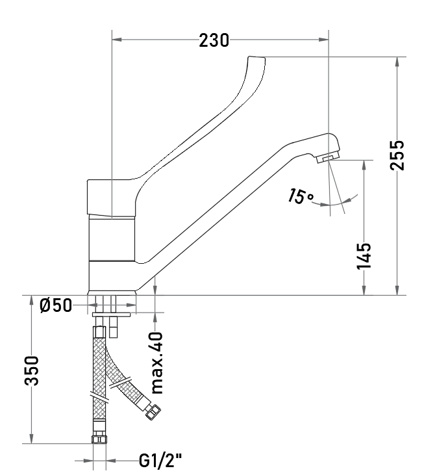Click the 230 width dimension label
(x=214, y=40)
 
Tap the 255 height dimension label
(x=397, y=155)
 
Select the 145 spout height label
(x=364, y=256)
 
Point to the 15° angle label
(x=300, y=196)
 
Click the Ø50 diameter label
(x=56, y=305)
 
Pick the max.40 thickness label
(x=156, y=363)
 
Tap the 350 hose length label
(x=32, y=371)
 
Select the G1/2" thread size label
(x=160, y=460)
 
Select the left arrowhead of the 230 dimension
(x=117, y=40)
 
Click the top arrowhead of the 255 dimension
(x=397, y=62)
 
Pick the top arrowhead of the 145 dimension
(x=364, y=165)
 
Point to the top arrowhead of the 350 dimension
(x=31, y=300)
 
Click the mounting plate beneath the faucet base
(x=111, y=314)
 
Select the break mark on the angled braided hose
(x=121, y=383)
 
